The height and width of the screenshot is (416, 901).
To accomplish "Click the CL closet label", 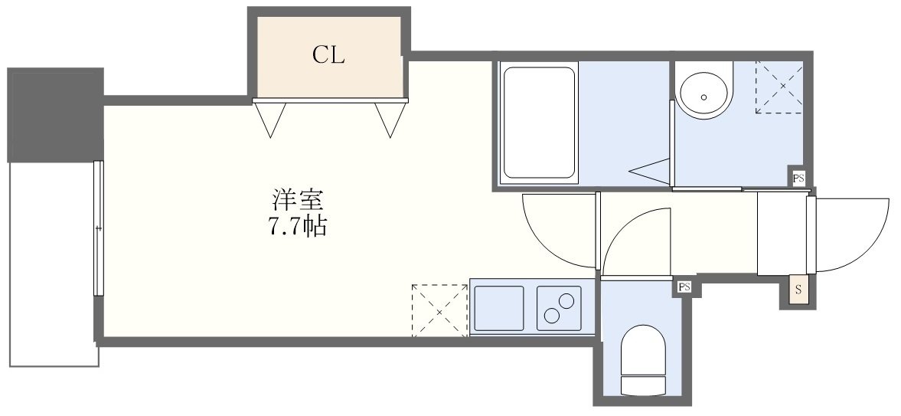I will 329,55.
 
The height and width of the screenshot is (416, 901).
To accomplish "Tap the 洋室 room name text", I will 298,201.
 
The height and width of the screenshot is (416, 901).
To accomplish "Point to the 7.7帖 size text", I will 298,227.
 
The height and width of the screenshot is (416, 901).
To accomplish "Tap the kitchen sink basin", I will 498,308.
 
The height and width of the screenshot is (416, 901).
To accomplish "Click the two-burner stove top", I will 559,308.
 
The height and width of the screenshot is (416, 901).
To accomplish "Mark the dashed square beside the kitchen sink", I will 439,310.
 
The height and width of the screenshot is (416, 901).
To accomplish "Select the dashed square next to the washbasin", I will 779,87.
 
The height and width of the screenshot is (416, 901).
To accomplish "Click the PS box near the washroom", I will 798,179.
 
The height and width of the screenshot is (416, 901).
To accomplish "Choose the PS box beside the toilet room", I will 684,287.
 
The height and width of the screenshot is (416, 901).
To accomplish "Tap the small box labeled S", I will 798,290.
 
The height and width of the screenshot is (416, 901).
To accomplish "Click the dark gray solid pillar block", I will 55,115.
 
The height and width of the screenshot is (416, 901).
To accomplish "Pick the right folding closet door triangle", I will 390,119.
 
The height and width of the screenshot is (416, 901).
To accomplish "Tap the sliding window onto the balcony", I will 98,228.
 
